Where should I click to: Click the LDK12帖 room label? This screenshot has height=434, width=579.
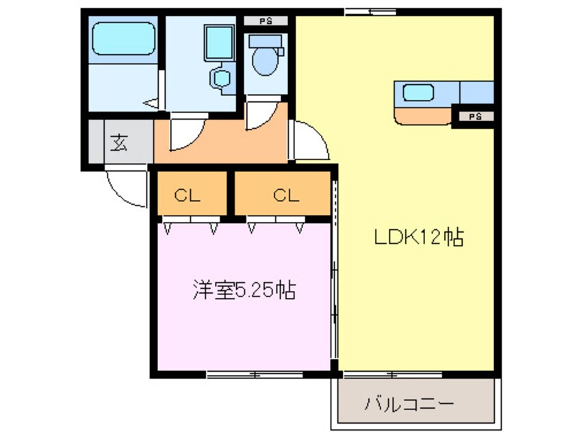point(418,238)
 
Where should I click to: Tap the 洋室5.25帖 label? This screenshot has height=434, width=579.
point(243,291)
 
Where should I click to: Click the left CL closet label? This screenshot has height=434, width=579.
point(188,196)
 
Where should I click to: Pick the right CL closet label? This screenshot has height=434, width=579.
point(286,196)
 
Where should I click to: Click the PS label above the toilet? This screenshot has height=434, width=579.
point(265,21)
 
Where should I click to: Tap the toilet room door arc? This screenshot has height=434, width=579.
point(259,116)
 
